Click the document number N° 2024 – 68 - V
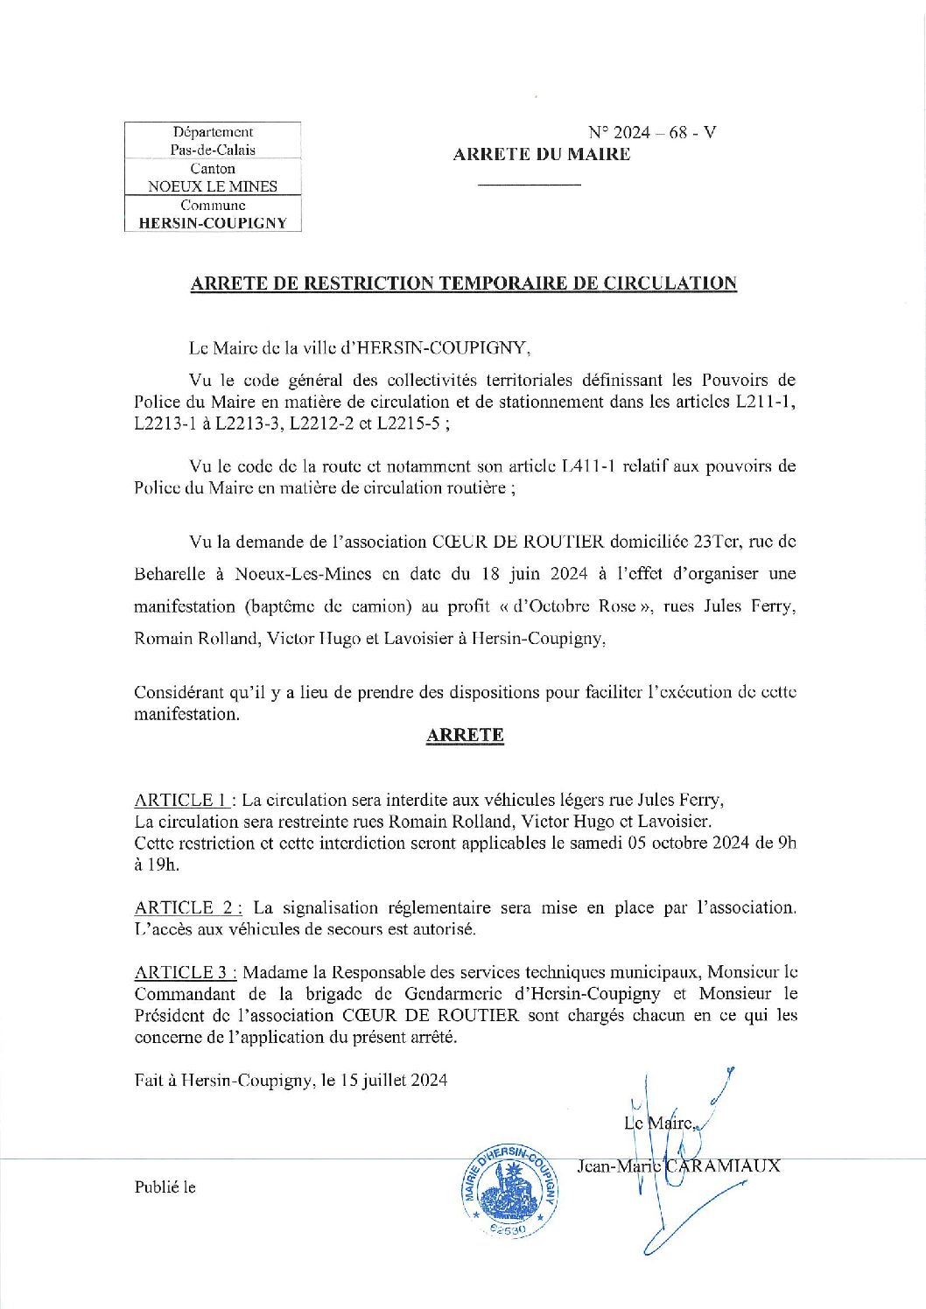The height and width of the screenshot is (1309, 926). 652,132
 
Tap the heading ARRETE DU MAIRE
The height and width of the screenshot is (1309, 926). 542,155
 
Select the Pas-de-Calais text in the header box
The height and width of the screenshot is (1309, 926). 213,150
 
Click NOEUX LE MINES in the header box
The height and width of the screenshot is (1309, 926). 213,186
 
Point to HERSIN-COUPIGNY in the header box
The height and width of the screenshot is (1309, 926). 213,223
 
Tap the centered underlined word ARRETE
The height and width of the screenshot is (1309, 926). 465,735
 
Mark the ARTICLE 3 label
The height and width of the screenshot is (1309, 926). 184,972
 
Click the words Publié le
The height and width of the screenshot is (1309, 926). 165,1187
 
